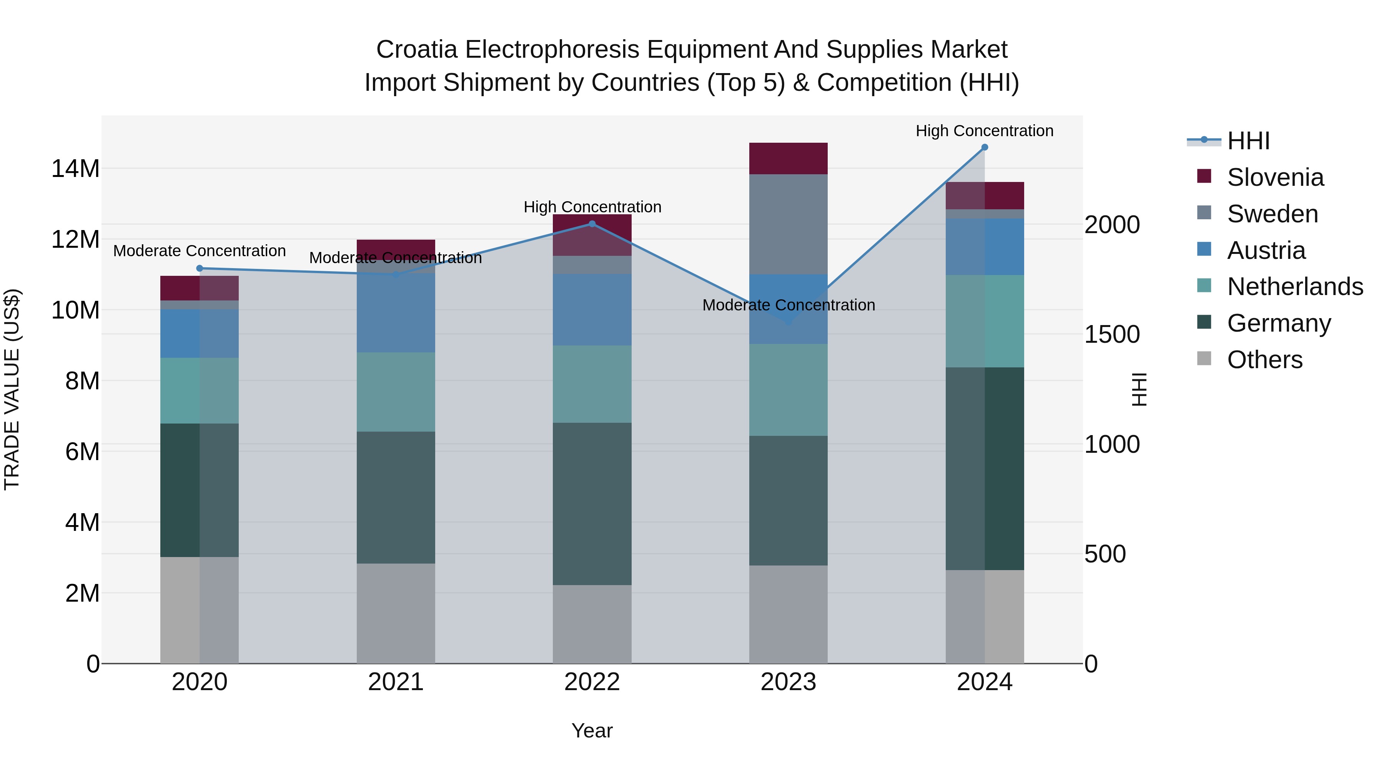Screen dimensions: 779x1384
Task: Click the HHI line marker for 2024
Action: click(984, 147)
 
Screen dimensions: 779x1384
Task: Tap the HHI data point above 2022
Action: click(592, 224)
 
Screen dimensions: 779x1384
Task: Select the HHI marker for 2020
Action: click(199, 268)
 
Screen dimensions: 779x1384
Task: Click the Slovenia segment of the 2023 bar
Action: click(788, 158)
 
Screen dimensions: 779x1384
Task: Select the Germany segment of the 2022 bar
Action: click(592, 503)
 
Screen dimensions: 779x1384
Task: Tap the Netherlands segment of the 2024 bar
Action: click(984, 321)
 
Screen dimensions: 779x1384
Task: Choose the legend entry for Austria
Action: click(1266, 250)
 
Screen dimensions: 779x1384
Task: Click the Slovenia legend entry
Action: click(1275, 177)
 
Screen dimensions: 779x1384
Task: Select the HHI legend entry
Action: click(1248, 141)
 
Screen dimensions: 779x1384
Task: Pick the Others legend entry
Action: click(1264, 360)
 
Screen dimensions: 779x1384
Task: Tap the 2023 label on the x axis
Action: click(788, 682)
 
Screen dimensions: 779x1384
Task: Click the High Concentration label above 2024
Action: click(984, 131)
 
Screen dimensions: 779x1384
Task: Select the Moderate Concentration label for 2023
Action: click(788, 305)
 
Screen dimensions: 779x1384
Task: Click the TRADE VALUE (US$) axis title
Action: click(12, 389)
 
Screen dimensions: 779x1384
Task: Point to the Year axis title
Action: click(592, 731)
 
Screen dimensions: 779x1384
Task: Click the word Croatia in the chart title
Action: click(416, 50)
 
